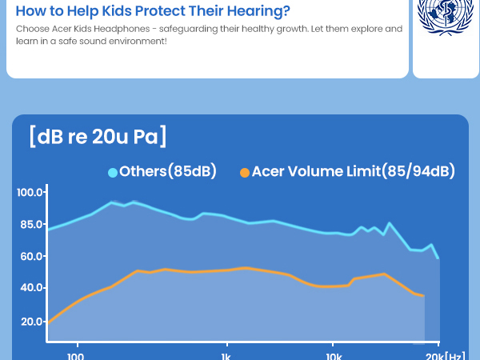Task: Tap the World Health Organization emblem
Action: [445, 15]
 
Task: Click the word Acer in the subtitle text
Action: [62, 29]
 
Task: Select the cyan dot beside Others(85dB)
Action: [113, 173]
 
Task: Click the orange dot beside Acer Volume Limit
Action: [245, 173]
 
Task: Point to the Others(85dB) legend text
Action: [168, 171]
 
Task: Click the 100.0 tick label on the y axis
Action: [30, 193]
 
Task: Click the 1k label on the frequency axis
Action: [226, 357]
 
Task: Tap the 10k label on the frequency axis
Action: [334, 357]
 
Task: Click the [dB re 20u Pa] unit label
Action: [98, 136]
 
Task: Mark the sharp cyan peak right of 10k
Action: [389, 223]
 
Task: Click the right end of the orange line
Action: [424, 296]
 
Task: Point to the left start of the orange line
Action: [48, 323]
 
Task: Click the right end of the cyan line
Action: [438, 258]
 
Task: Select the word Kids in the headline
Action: [117, 10]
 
